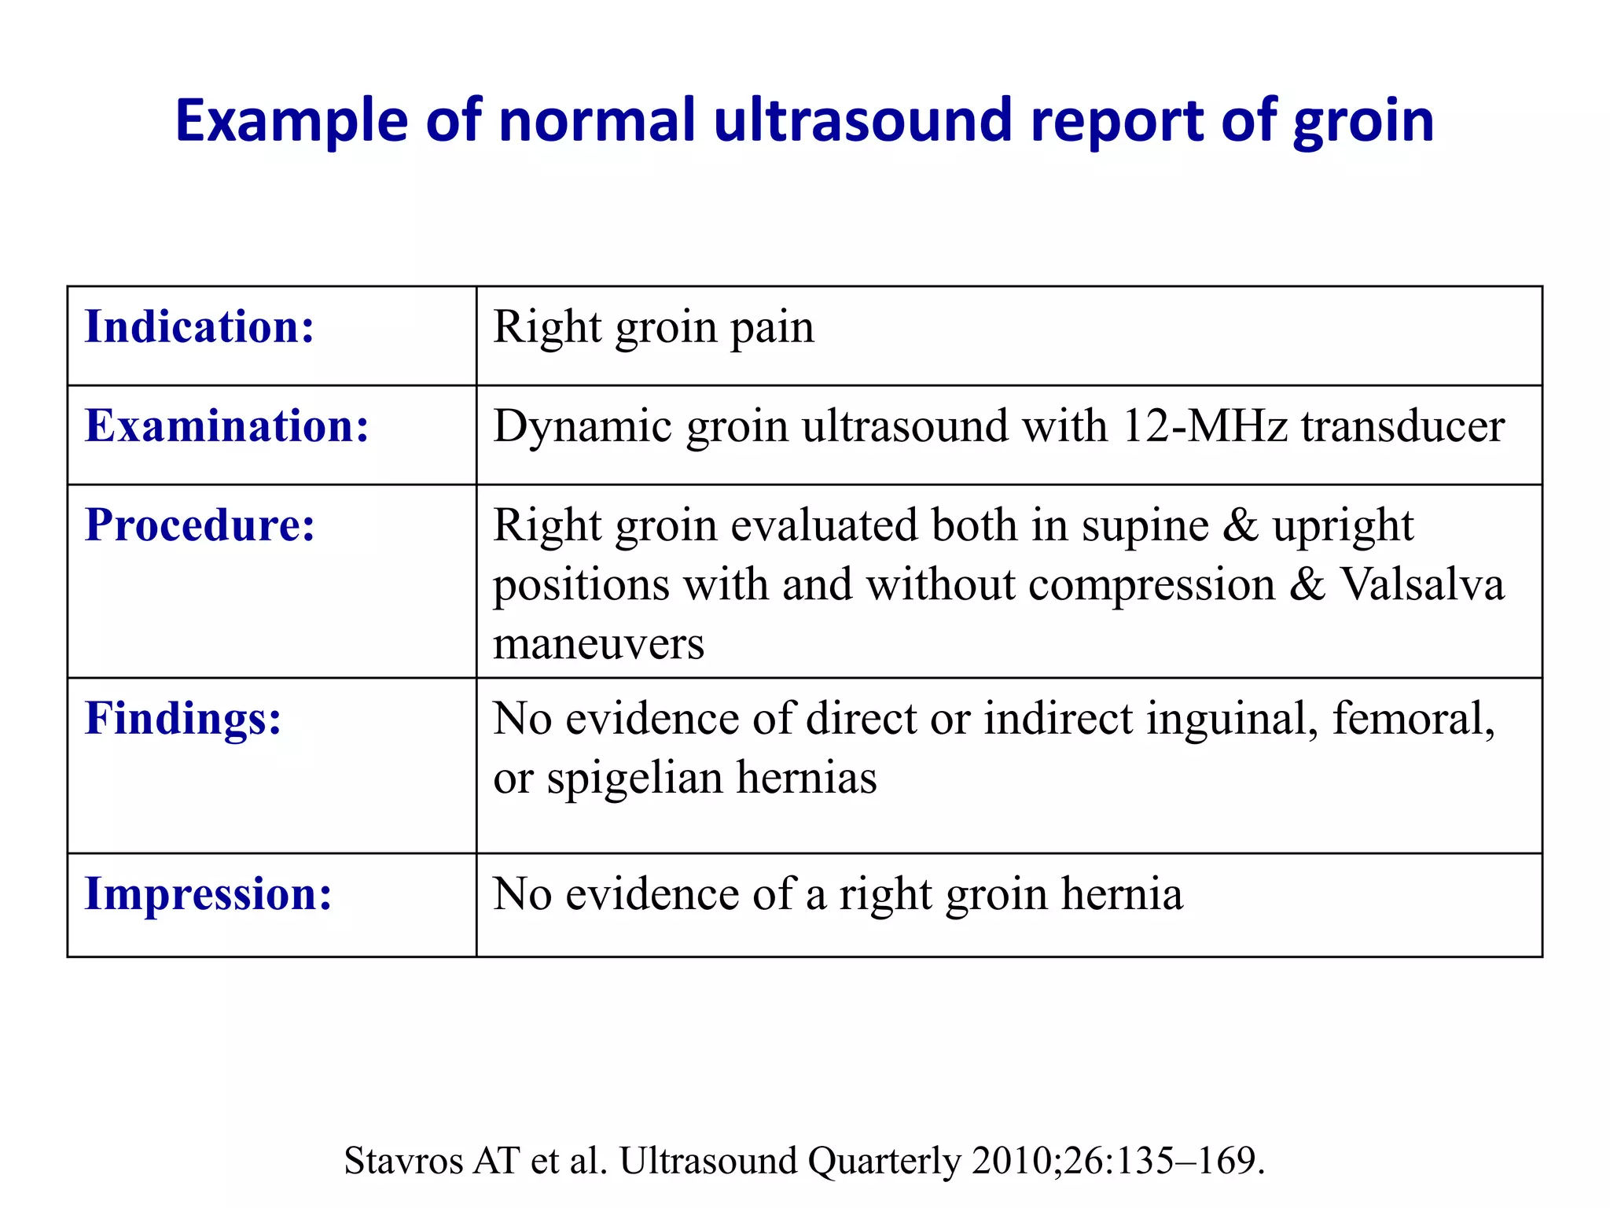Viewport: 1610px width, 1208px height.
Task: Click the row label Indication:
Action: (x=200, y=326)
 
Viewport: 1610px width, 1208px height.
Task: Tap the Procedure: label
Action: (x=200, y=525)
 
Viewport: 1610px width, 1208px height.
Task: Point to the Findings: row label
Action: (x=183, y=718)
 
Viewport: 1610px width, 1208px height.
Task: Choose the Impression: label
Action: (x=208, y=893)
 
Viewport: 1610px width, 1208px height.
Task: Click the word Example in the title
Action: (x=292, y=121)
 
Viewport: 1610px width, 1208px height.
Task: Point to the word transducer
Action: (x=1403, y=426)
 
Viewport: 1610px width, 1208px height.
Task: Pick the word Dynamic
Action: (x=583, y=428)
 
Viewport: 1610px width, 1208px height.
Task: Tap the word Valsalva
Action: (x=1422, y=584)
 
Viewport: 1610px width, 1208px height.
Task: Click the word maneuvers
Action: (x=598, y=644)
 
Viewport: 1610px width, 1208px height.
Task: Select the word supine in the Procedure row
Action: (x=1145, y=526)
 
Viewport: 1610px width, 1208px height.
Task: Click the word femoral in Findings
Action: (x=1413, y=719)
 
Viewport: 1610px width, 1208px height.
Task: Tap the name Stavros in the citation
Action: (x=404, y=1161)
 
